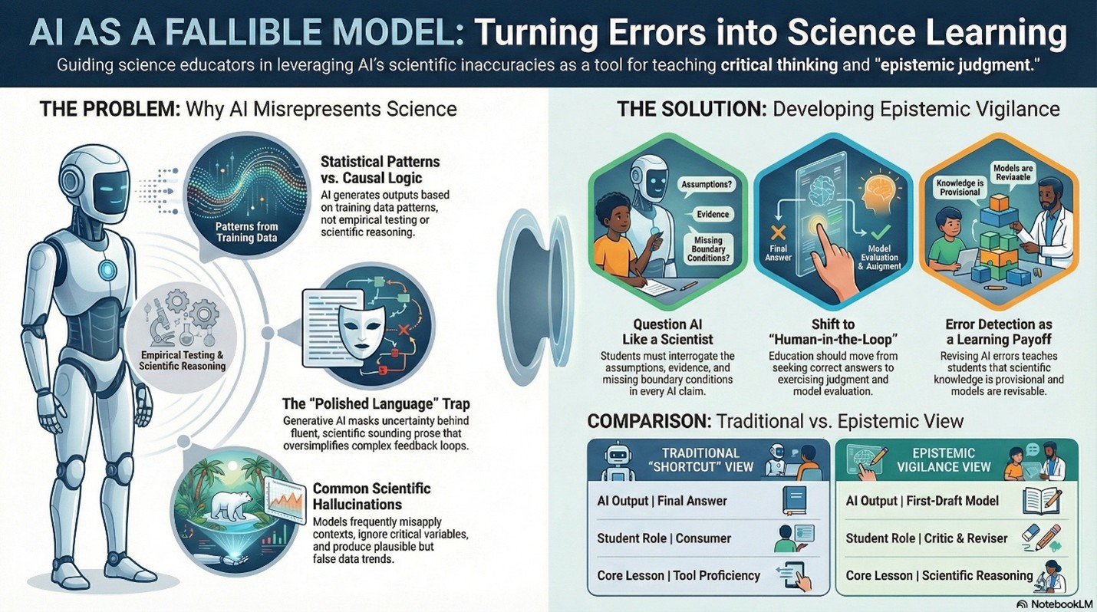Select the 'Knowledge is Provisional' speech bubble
pos(958,186)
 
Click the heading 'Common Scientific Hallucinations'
pos(372,496)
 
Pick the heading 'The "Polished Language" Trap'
pos(375,403)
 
